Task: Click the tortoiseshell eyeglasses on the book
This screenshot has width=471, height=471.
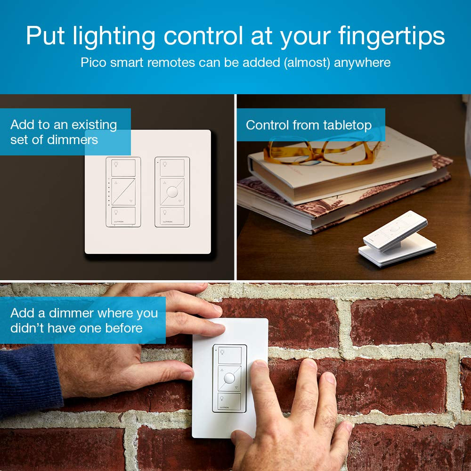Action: pyautogui.click(x=320, y=149)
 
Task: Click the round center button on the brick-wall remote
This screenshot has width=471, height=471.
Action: pyautogui.click(x=229, y=378)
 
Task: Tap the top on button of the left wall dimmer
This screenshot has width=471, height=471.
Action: pyautogui.click(x=123, y=168)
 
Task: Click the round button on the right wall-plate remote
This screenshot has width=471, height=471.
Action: pyautogui.click(x=172, y=192)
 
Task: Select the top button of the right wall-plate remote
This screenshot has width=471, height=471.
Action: pyautogui.click(x=172, y=168)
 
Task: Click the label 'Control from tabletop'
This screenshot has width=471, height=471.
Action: pyautogui.click(x=309, y=125)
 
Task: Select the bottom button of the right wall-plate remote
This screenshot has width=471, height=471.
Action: pyautogui.click(x=172, y=216)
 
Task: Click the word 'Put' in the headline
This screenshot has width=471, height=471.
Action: pyautogui.click(x=45, y=37)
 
